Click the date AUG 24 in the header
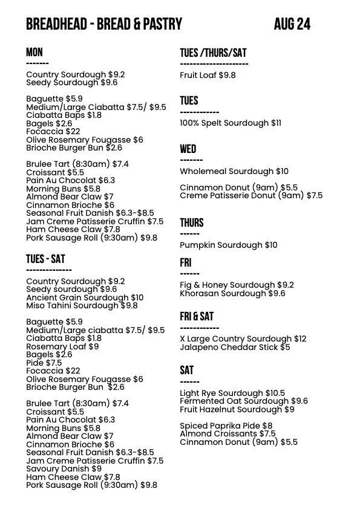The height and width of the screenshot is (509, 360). point(292,24)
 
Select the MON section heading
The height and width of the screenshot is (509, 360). point(34,53)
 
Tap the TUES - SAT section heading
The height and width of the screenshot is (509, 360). point(45,259)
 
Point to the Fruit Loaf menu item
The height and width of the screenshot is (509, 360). point(208,76)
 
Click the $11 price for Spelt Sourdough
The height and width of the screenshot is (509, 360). point(275,123)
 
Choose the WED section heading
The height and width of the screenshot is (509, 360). point(188,149)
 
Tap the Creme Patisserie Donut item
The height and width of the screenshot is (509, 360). point(251,196)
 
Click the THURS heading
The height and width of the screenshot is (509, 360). point(192,222)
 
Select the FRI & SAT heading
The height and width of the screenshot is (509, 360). point(197,317)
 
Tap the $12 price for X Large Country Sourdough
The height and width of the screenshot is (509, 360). point(300,339)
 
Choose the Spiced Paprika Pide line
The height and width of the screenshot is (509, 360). point(226,426)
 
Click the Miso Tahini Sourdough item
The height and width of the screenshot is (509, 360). point(82,306)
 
